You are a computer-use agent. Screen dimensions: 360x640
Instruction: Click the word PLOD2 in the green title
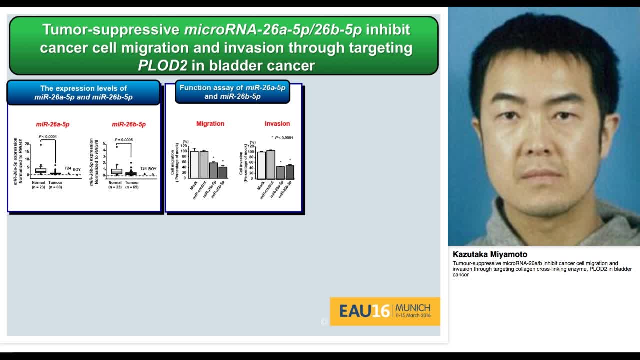pos(163,65)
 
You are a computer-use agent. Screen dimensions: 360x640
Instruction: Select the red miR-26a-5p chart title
pos(52,124)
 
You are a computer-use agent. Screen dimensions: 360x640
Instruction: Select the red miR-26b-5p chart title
pos(129,124)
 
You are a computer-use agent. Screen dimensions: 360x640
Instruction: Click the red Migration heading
pos(210,124)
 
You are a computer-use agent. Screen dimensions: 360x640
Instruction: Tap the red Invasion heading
pos(277,124)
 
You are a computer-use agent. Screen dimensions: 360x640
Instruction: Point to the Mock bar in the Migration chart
pos(194,164)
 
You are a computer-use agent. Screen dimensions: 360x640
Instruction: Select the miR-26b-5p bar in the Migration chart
pos(223,172)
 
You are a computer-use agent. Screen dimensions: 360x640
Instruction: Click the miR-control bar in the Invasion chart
pos(271,164)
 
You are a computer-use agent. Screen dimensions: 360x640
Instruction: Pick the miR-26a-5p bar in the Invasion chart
pos(280,172)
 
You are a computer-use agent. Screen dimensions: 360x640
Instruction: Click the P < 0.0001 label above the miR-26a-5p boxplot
pos(48,136)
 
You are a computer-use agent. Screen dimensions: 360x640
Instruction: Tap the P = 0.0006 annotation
pos(124,140)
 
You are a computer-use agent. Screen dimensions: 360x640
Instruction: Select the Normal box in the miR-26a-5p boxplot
pos(41,171)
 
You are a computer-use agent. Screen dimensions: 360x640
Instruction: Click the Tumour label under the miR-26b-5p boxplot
pos(132,183)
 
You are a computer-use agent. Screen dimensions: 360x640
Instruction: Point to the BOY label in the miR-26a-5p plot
pos(77,170)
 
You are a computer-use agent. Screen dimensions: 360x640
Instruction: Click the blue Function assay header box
pos(232,92)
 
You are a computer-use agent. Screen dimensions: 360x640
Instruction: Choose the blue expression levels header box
pos(83,93)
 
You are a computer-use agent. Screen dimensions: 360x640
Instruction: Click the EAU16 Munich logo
pos(385,311)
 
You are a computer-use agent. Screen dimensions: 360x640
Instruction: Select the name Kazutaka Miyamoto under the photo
pos(490,254)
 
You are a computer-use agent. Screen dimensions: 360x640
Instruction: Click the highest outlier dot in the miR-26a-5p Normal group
pos(41,145)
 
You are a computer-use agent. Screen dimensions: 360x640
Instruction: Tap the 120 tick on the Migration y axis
pos(185,146)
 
